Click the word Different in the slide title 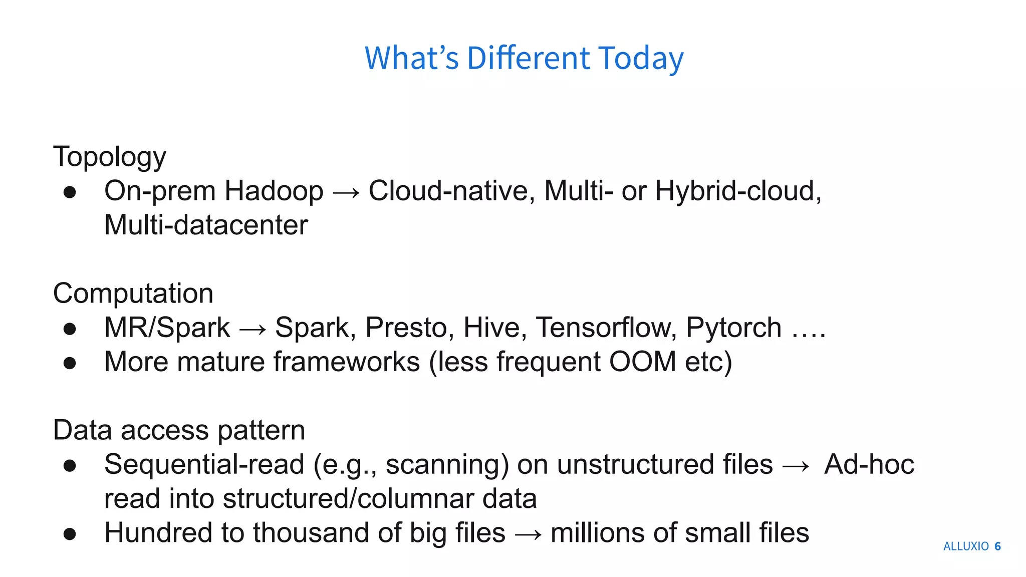(x=529, y=58)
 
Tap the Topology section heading (x=109, y=157)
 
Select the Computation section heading (x=133, y=294)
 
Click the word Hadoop (x=274, y=191)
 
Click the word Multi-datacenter (x=206, y=225)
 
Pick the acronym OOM (x=642, y=362)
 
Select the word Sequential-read (x=204, y=465)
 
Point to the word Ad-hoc (x=869, y=465)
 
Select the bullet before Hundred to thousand (x=70, y=534)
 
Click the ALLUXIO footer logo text (x=965, y=546)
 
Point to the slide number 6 (x=997, y=546)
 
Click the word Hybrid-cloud (x=737, y=191)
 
